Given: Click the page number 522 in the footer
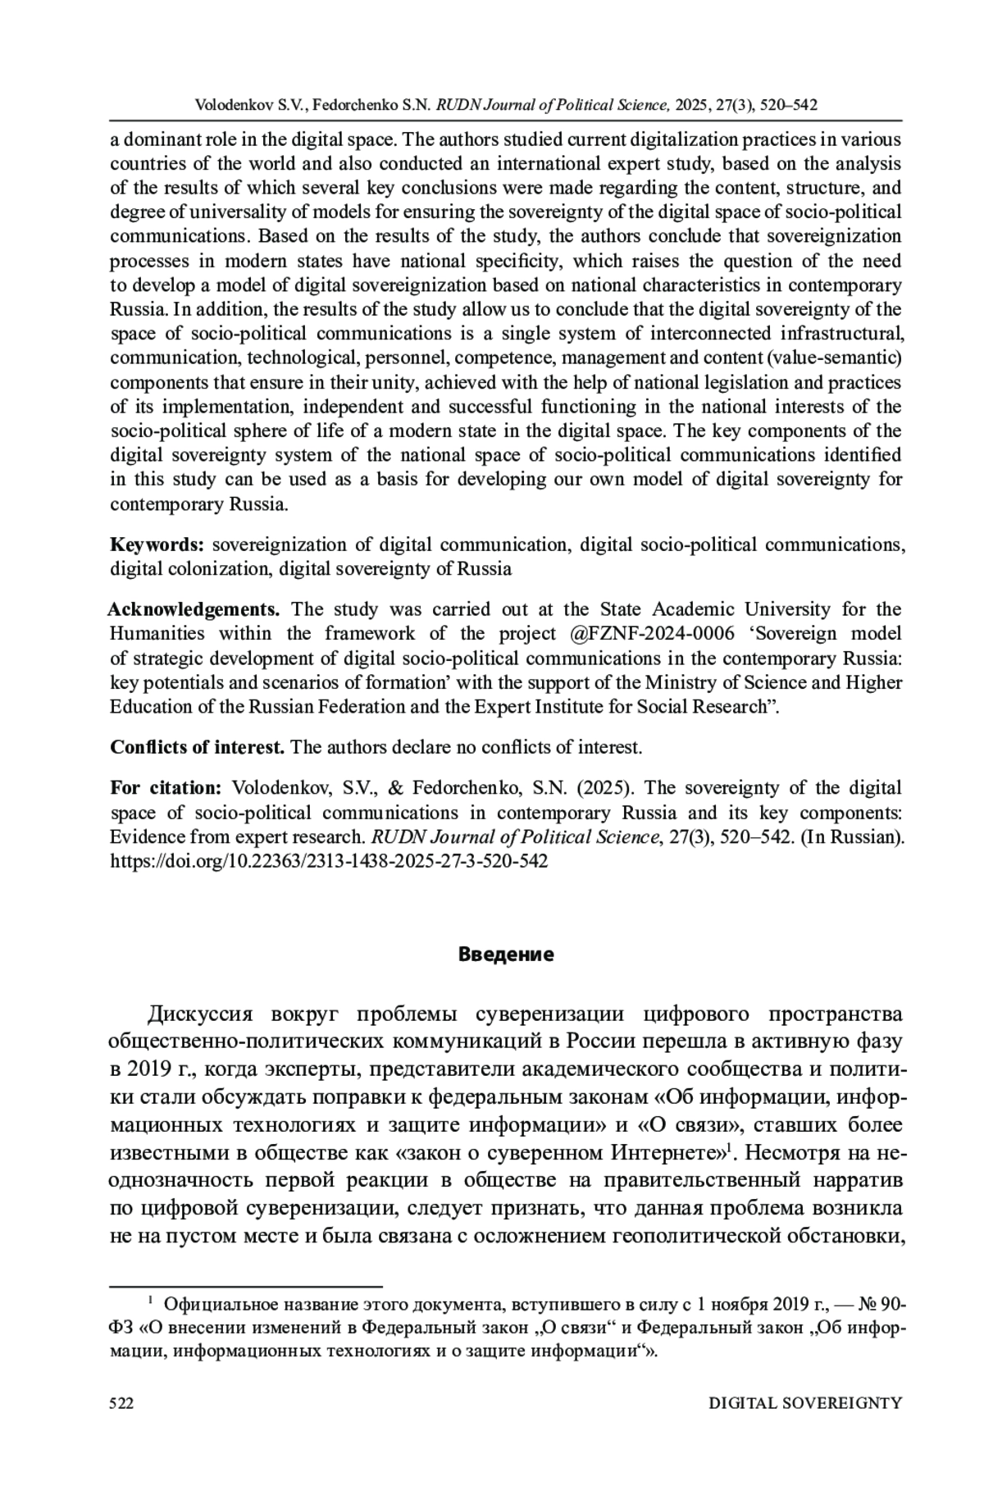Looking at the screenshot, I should pyautogui.click(x=121, y=1403).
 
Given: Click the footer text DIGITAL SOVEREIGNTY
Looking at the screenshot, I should pyautogui.click(x=804, y=1403).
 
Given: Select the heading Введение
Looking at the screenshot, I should pyautogui.click(x=506, y=955).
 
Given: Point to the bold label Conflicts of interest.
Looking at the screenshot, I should pyautogui.click(x=197, y=747).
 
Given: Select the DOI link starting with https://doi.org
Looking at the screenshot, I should pyautogui.click(x=329, y=861).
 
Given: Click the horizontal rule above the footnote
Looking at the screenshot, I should pyautogui.click(x=246, y=1287).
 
